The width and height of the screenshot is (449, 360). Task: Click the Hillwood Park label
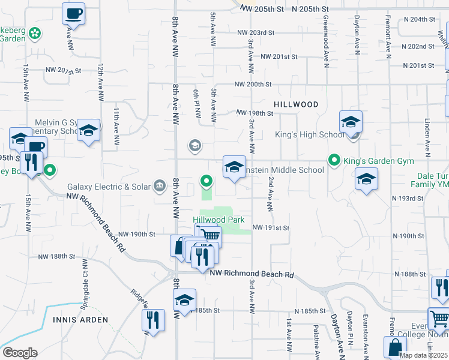pos(219,220)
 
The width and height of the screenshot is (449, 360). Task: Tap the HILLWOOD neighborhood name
pos(296,104)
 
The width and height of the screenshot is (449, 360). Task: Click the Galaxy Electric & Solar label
pos(109,187)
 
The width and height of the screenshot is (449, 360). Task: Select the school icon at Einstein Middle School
pos(234,167)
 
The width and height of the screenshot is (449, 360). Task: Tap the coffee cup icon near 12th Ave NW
pos(74,13)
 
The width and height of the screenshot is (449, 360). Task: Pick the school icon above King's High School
pos(351,122)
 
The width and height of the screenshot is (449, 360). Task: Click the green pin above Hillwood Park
pos(206,180)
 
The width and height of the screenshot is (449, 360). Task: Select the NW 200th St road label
pos(253,84)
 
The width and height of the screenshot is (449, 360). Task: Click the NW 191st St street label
pos(271,228)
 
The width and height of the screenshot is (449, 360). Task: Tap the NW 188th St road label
pos(56,256)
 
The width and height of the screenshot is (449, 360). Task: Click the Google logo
pos(20,353)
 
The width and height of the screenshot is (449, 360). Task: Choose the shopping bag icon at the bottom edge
pos(395,347)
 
